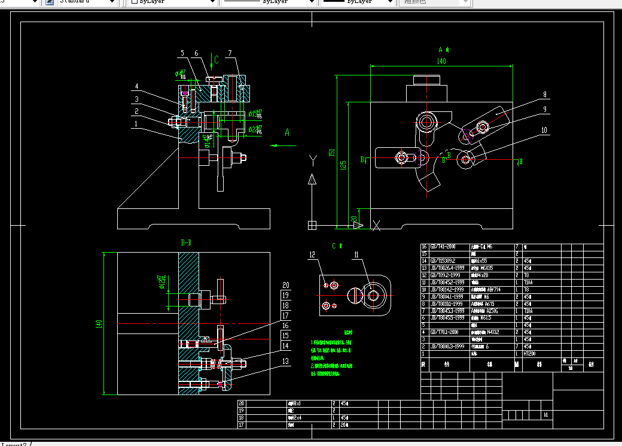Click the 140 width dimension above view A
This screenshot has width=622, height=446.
tap(441, 61)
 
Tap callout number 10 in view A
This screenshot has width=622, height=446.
tap(544, 130)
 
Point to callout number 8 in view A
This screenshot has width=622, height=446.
tap(545, 94)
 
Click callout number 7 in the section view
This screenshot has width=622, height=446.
tap(230, 53)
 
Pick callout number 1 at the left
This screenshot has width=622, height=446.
tap(136, 124)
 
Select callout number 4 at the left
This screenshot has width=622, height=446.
tap(136, 86)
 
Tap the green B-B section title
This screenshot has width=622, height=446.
tap(186, 243)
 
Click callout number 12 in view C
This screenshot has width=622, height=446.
tap(312, 255)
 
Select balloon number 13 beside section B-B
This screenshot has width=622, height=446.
tap(285, 361)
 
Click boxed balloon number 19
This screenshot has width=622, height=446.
tap(285, 295)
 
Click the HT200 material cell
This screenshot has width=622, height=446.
tap(529, 354)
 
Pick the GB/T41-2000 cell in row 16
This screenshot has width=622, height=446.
tap(438, 247)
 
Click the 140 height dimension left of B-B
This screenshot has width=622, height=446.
tap(99, 324)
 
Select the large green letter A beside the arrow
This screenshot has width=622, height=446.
tap(287, 132)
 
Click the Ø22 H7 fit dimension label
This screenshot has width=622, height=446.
tap(255, 129)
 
